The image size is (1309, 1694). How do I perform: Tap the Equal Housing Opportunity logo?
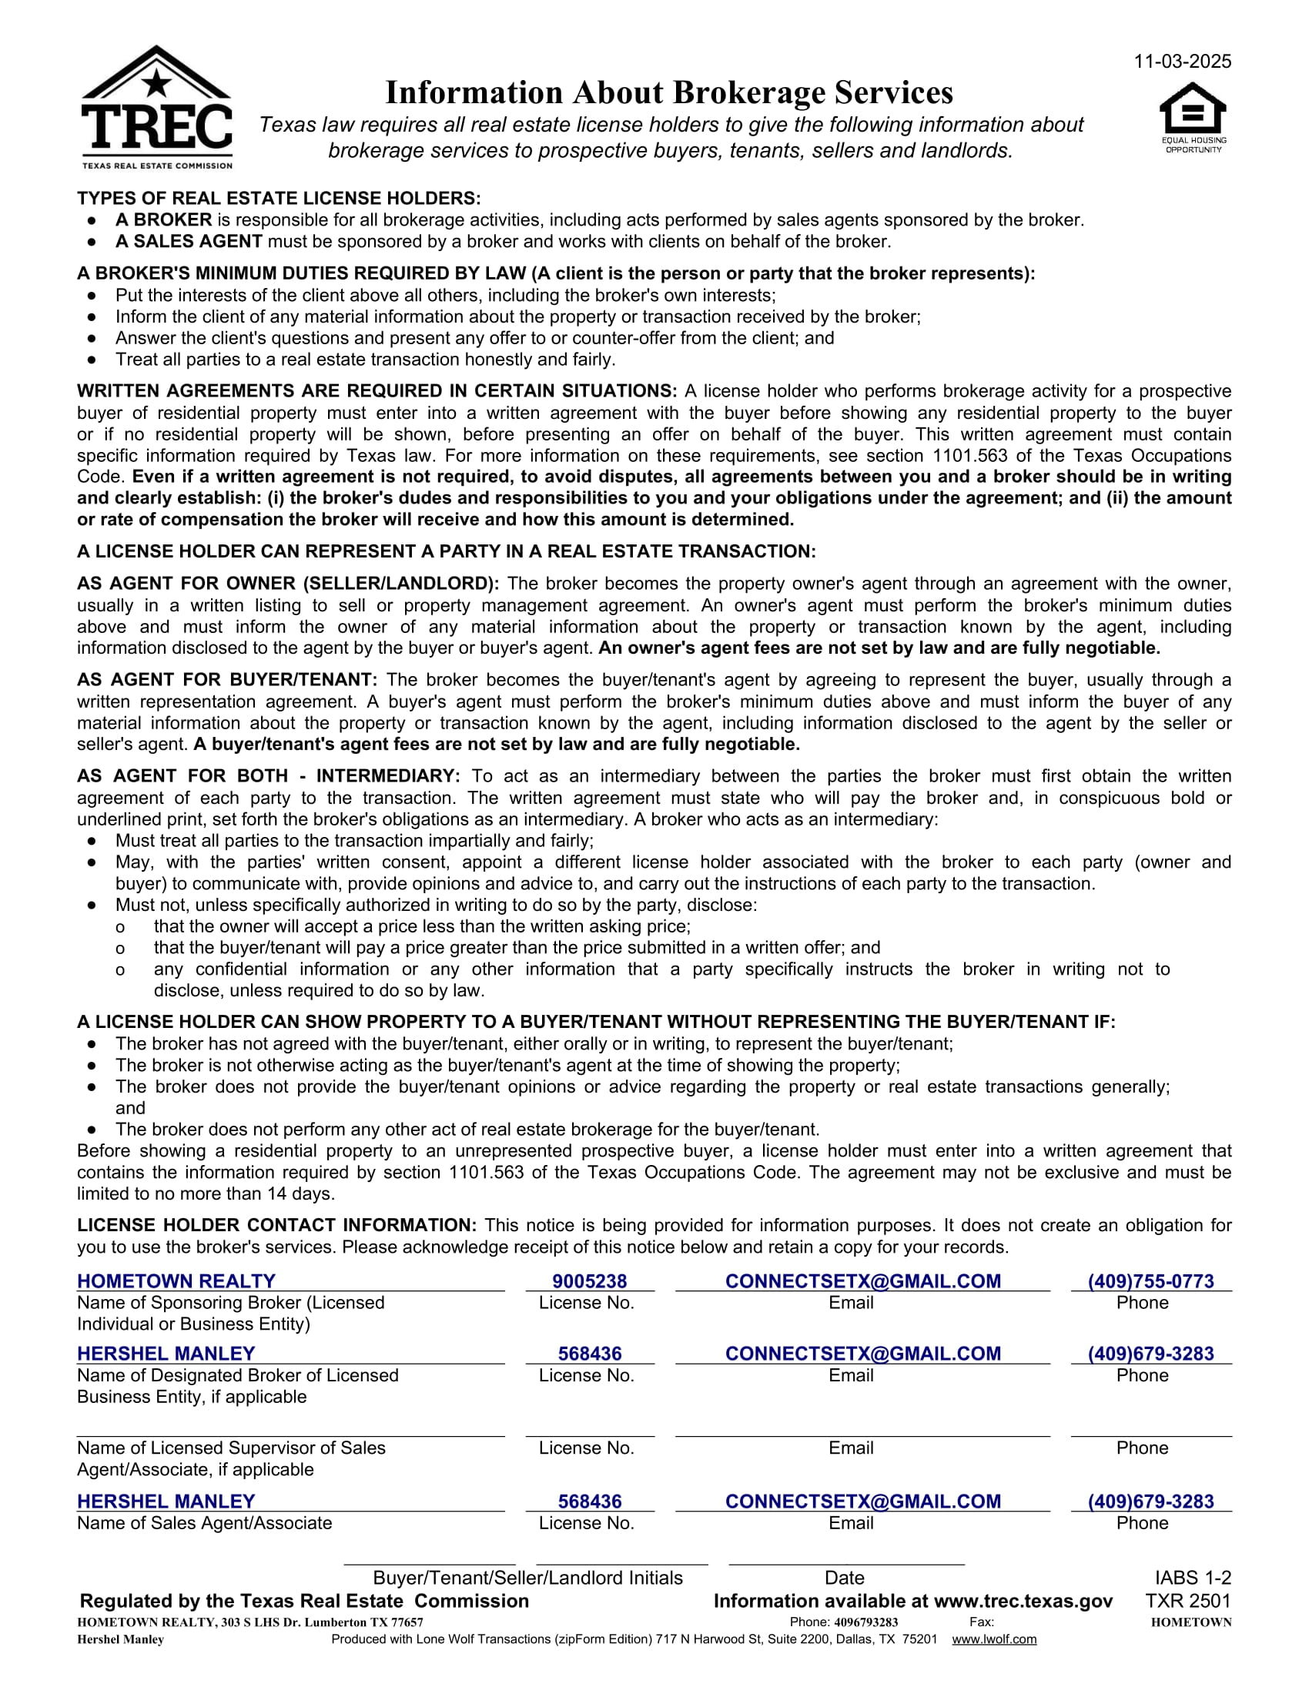point(1193,117)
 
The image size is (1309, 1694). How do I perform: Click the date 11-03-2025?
point(1182,62)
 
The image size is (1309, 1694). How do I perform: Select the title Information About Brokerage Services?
point(668,93)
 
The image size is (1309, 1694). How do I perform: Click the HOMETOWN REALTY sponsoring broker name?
point(176,1281)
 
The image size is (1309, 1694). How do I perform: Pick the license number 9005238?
point(589,1281)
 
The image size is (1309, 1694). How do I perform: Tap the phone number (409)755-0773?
point(1151,1281)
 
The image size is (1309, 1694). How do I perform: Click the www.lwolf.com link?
point(994,1639)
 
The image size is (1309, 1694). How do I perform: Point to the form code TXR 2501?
point(1188,1601)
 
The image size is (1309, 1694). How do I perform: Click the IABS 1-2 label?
point(1193,1578)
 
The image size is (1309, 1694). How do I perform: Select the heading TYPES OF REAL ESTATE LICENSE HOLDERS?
point(279,199)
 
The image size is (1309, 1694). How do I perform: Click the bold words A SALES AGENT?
point(189,242)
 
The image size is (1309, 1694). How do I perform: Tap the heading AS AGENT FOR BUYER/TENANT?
point(226,680)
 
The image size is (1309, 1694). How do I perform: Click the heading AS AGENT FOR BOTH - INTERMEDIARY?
point(268,776)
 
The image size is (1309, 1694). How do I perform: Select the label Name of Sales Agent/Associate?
point(204,1522)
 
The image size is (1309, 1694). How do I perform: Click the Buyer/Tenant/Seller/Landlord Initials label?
point(527,1578)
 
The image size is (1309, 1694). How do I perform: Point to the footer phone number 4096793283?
point(865,1622)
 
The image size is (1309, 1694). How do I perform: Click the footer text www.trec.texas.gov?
point(1023,1601)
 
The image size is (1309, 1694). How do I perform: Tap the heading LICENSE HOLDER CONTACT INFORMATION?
point(276,1226)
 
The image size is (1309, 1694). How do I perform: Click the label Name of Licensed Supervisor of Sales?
point(230,1448)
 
